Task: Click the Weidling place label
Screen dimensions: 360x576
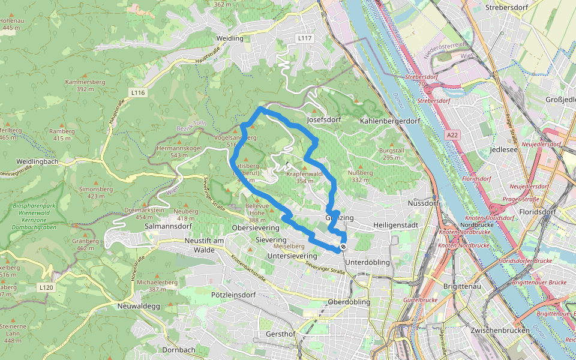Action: point(230,38)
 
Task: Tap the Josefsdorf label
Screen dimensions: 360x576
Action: point(323,119)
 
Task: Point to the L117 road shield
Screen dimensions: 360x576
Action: point(305,38)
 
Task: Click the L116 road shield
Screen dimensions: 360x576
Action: point(138,92)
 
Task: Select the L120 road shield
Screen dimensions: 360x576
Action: point(46,288)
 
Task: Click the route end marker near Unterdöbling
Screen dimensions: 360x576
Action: point(343,247)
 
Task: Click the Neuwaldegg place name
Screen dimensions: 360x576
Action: point(138,305)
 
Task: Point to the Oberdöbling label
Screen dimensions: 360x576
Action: point(349,302)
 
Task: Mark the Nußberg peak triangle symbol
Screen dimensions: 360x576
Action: point(361,166)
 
